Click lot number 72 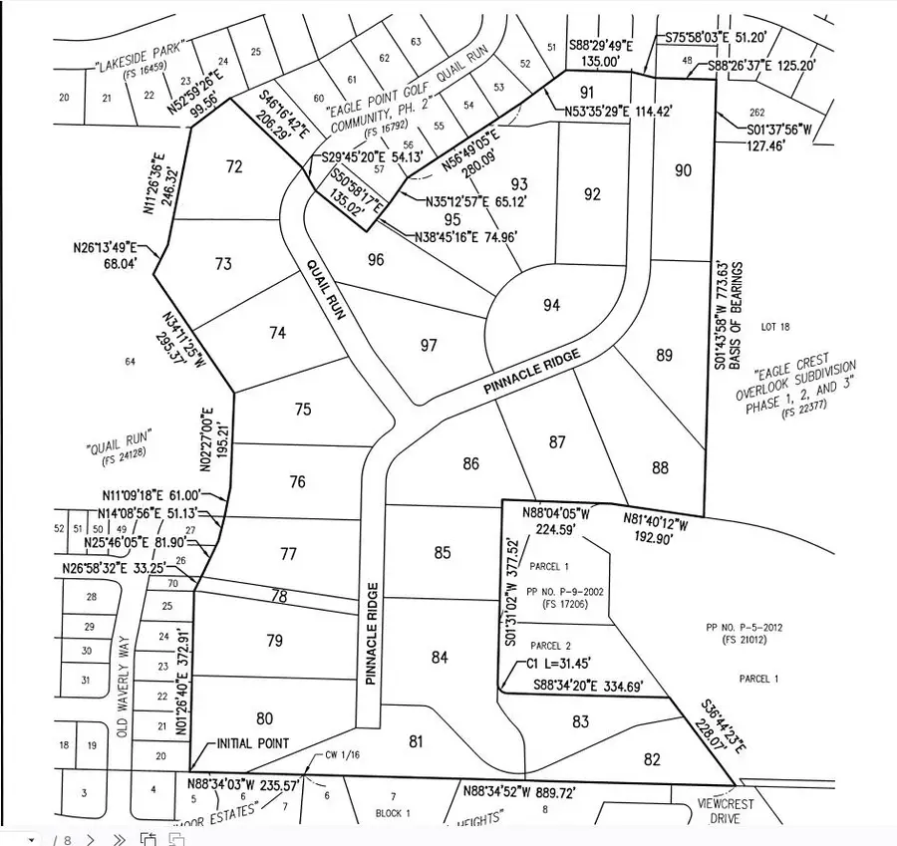(x=234, y=166)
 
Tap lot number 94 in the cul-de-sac (x=552, y=305)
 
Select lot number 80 (x=264, y=717)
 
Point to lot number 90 (x=683, y=170)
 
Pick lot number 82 (x=652, y=759)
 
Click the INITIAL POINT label (x=254, y=743)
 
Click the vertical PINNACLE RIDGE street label (x=370, y=633)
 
